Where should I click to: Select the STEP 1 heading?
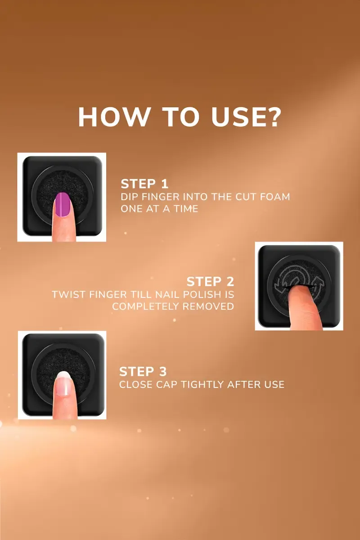pos(144,184)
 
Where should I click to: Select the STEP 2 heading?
pos(210,282)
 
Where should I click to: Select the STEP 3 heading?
pos(143,372)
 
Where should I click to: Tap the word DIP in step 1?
pos(129,197)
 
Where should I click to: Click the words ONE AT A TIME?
pos(159,209)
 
